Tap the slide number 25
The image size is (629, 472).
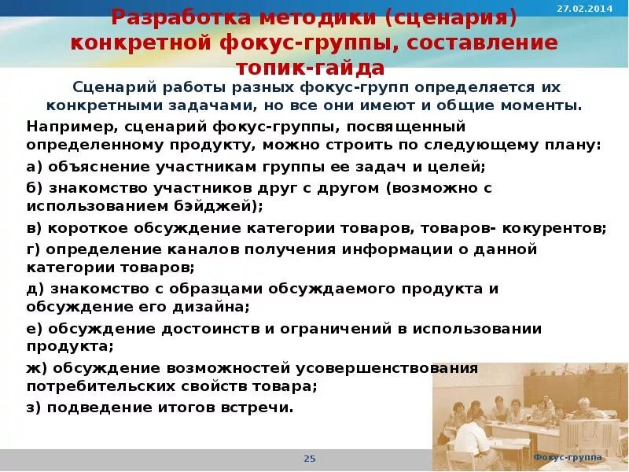pyautogui.click(x=309, y=459)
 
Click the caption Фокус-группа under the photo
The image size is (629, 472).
pyautogui.click(x=567, y=458)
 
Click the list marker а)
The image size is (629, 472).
pyautogui.click(x=35, y=167)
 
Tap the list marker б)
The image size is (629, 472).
pyautogui.click(x=35, y=188)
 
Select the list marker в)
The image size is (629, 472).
pyautogui.click(x=35, y=228)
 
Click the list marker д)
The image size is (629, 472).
pyautogui.click(x=35, y=288)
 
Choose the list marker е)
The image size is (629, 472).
pyautogui.click(x=35, y=327)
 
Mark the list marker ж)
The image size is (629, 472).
pyautogui.click(x=36, y=367)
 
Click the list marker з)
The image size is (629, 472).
pyautogui.click(x=35, y=407)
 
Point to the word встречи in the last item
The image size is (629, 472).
pyautogui.click(x=260, y=407)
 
